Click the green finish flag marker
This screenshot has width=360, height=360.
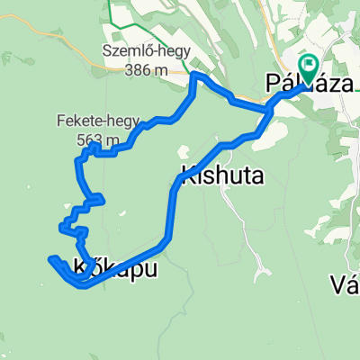(x=310, y=66)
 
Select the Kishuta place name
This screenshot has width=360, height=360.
(x=222, y=175)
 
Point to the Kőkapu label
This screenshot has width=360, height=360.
(x=117, y=267)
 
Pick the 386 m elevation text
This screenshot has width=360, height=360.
(x=149, y=67)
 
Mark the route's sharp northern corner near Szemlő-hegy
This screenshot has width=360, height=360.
(x=194, y=76)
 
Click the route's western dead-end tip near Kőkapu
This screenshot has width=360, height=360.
(x=50, y=262)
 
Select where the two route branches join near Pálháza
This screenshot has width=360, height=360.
(x=270, y=109)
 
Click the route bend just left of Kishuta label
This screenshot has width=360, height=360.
(x=174, y=189)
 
